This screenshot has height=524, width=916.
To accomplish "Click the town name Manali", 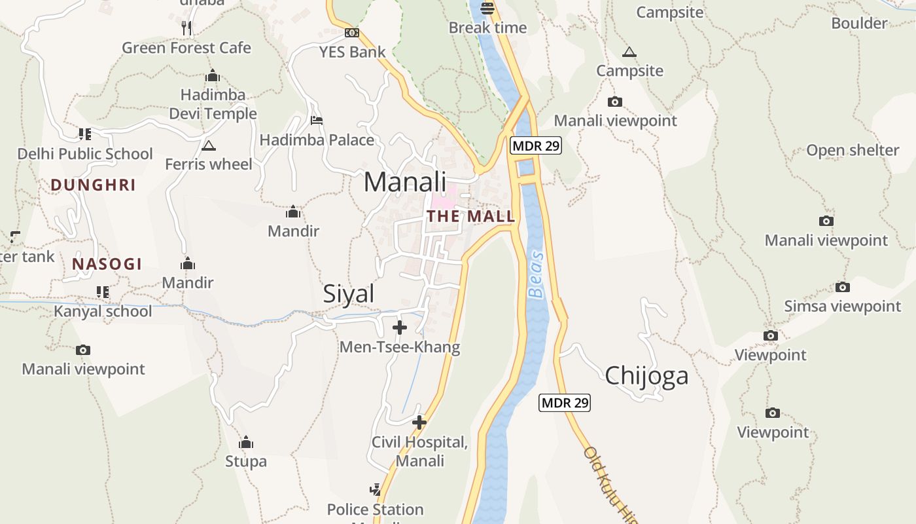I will (x=405, y=181).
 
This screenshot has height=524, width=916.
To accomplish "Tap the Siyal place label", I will (x=349, y=294).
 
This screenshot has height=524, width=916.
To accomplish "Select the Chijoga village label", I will (x=646, y=376).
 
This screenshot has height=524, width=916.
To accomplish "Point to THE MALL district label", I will (x=471, y=216).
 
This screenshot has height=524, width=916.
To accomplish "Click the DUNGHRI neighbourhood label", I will (x=94, y=185).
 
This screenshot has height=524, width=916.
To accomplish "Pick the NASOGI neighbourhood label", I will (x=107, y=264).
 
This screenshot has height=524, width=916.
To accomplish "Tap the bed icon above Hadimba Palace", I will (x=316, y=121).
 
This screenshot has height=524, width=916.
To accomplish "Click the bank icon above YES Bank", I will (x=352, y=33).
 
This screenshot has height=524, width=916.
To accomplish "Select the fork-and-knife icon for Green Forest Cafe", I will (x=186, y=28).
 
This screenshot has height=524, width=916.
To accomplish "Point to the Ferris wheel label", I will (x=209, y=164).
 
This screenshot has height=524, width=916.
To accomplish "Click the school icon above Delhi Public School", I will (x=84, y=134).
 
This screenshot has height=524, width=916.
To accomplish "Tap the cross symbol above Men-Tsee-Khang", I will (x=400, y=327).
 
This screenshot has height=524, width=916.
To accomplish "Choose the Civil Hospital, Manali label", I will (x=419, y=451).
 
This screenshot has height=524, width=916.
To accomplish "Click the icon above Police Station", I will (x=375, y=489).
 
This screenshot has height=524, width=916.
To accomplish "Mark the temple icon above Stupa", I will (x=246, y=443).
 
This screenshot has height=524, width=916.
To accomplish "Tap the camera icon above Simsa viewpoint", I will (x=843, y=287).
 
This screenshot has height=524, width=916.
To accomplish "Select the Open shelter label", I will (x=853, y=150).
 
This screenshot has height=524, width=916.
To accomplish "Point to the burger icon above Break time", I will (x=487, y=9).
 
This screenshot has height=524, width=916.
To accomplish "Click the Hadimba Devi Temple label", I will (x=213, y=104).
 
